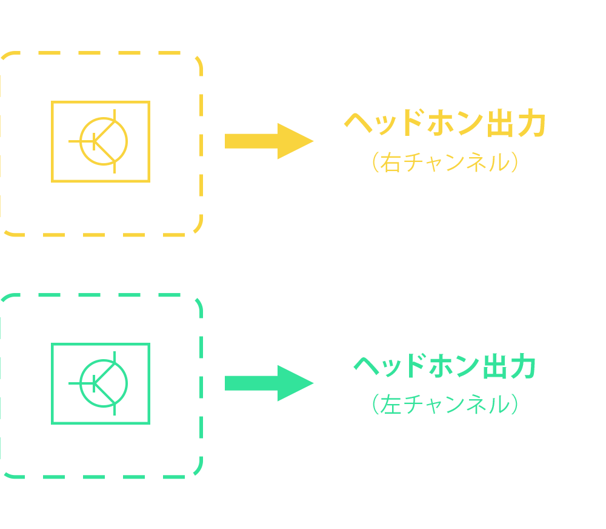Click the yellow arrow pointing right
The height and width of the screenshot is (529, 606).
267,141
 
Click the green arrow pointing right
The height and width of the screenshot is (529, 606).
267,383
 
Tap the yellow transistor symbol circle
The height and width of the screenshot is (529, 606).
104,141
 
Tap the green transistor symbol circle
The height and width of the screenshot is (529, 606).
104,383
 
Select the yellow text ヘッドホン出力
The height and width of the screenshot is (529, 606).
445,124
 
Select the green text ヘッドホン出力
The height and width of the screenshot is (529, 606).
445,367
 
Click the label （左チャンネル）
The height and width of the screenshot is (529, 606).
445,405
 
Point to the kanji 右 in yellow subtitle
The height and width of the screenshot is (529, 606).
391,163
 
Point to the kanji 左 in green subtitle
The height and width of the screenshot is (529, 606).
391,405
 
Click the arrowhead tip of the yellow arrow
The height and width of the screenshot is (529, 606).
311,141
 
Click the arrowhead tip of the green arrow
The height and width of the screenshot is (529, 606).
311,383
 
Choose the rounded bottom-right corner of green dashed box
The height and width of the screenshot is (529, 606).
196,471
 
